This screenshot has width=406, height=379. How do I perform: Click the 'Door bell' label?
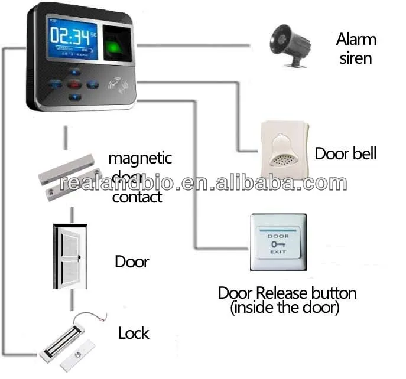coord(345,153)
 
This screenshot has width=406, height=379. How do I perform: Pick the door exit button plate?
coord(277,243)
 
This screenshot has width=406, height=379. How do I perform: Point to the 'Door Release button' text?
coord(287,293)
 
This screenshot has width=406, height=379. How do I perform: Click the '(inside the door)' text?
coord(287,308)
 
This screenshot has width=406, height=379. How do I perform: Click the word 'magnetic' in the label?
coord(139,158)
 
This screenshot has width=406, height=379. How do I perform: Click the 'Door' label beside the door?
coord(131,262)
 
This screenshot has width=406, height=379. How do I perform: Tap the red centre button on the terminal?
coord(74,84)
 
